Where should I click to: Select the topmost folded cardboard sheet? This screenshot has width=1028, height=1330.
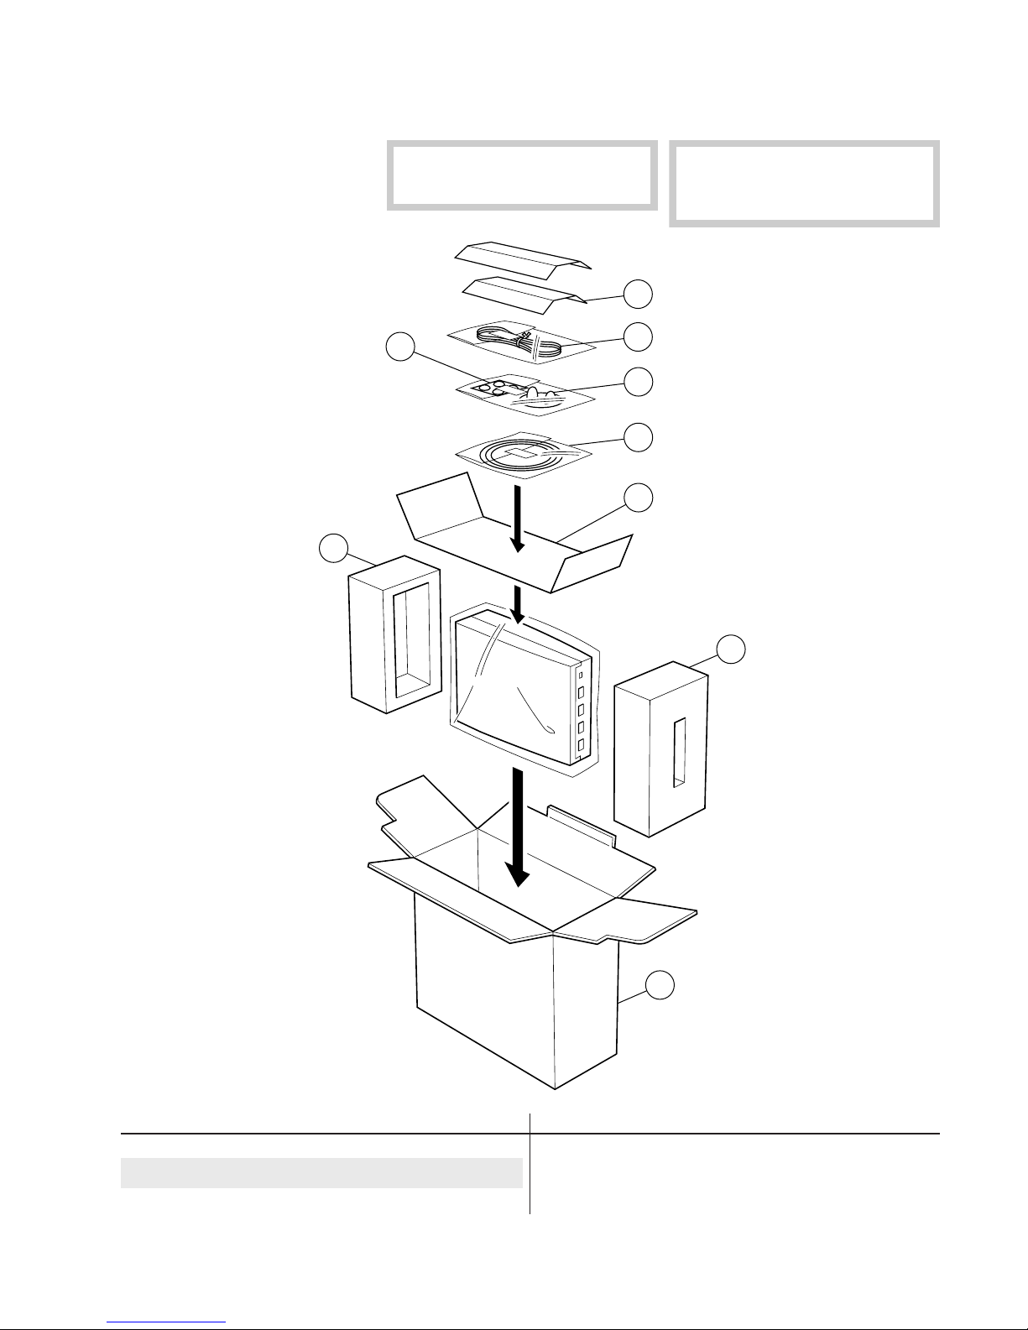524,254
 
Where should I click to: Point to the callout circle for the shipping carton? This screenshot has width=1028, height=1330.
660,985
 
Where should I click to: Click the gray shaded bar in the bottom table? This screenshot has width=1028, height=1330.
321,1173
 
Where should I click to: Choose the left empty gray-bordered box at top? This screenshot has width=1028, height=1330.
521,176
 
